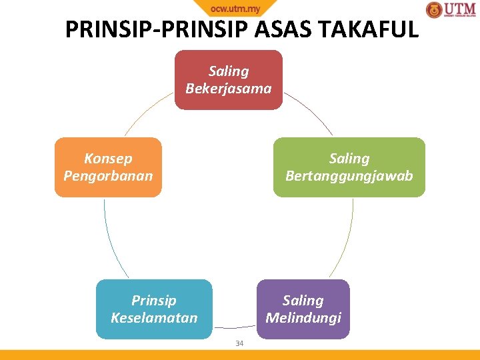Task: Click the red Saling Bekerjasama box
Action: [x=229, y=79]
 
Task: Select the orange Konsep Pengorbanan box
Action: [x=108, y=167]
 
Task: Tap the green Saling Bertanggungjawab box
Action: [x=349, y=167]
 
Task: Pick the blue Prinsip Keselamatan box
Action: [x=154, y=309]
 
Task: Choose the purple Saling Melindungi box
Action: [x=303, y=309]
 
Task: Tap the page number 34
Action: [x=240, y=344]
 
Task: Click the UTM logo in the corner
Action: [x=451, y=10]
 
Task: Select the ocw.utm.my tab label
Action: [x=235, y=9]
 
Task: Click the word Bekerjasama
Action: [x=229, y=88]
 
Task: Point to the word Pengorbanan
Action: [x=108, y=176]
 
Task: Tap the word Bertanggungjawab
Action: [x=349, y=176]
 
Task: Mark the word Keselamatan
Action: [x=154, y=317]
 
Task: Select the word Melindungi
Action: [x=303, y=317]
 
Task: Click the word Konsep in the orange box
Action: [x=108, y=159]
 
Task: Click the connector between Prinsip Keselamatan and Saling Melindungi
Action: [x=234, y=327]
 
